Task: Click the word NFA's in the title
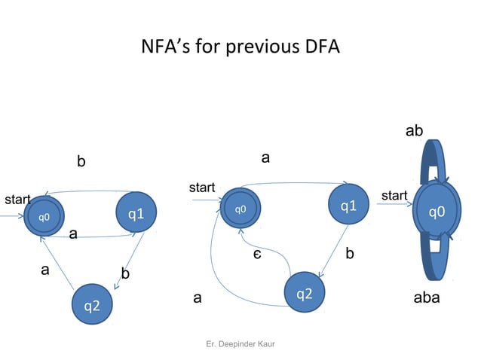[166, 47]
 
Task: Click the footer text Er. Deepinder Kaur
[240, 344]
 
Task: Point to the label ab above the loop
[414, 131]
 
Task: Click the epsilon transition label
[257, 255]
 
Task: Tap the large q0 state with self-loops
[437, 212]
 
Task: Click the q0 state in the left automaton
[44, 217]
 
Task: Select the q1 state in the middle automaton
[348, 206]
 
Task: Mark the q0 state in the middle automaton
[240, 209]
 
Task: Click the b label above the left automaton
[81, 161]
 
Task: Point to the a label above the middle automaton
[265, 157]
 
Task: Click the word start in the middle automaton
[202, 187]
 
